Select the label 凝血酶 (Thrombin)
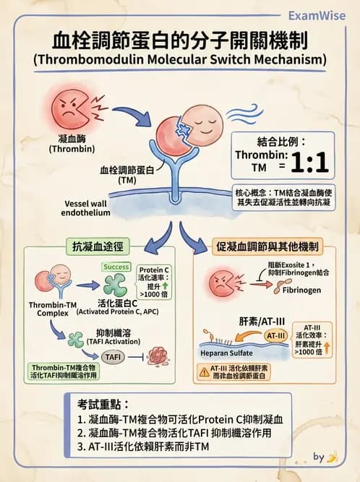[x=67, y=143]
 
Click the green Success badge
[x=116, y=267]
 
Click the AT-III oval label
[x=275, y=335]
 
